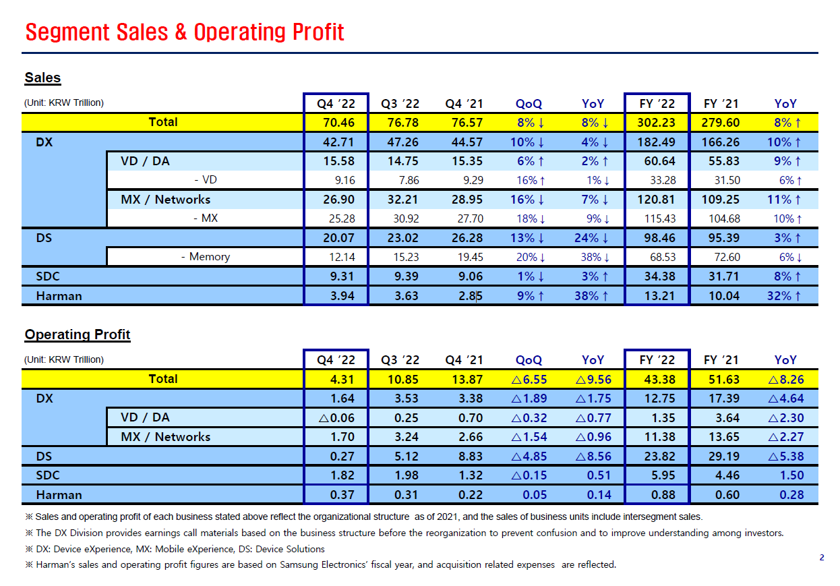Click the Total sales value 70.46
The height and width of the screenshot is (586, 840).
(x=338, y=123)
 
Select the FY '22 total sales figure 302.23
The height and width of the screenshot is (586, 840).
(x=656, y=123)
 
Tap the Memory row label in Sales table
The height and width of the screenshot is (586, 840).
(x=209, y=257)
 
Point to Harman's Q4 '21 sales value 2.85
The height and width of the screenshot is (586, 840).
(x=471, y=296)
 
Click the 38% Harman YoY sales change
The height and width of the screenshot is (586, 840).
(x=591, y=296)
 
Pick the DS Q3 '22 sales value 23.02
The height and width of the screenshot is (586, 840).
(x=402, y=238)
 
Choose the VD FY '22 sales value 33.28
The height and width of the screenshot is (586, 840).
(x=663, y=181)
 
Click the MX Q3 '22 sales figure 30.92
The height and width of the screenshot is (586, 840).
(x=406, y=218)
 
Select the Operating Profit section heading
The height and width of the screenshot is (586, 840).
(x=78, y=334)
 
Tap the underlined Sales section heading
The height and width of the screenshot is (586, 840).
(x=42, y=78)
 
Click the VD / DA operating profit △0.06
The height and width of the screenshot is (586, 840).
(x=336, y=418)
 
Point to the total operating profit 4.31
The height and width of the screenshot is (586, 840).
(x=342, y=379)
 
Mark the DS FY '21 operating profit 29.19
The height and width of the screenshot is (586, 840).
(x=724, y=457)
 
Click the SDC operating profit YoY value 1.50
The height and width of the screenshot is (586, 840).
(x=791, y=475)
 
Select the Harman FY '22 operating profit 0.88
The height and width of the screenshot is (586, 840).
(x=663, y=495)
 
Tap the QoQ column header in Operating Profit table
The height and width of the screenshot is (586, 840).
(x=529, y=360)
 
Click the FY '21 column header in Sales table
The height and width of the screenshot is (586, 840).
(x=721, y=104)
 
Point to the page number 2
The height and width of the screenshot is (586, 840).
(x=822, y=558)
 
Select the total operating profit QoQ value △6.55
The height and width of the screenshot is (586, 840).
(x=529, y=379)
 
